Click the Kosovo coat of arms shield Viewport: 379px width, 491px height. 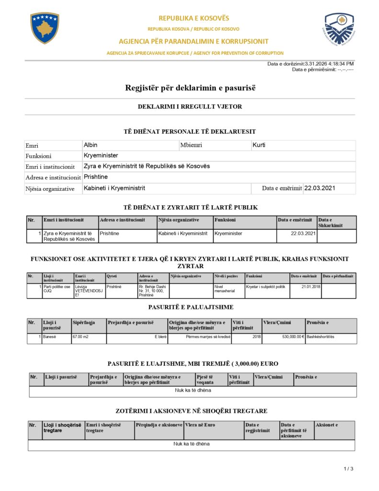pos(45,28)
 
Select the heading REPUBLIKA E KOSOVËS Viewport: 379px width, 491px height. pos(194,18)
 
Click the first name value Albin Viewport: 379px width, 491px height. pos(91,145)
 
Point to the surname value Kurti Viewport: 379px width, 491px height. pos(259,145)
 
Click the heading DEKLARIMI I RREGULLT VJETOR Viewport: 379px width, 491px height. pos(190,106)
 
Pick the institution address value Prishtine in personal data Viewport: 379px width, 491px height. pos(96,177)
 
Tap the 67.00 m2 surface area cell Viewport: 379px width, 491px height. pos(80,337)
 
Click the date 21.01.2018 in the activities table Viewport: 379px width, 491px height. pos(310,286)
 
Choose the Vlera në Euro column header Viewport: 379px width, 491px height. pos(200,425)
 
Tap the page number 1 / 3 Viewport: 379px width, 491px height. pos(348,468)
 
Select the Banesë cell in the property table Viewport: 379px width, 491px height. pos(50,337)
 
